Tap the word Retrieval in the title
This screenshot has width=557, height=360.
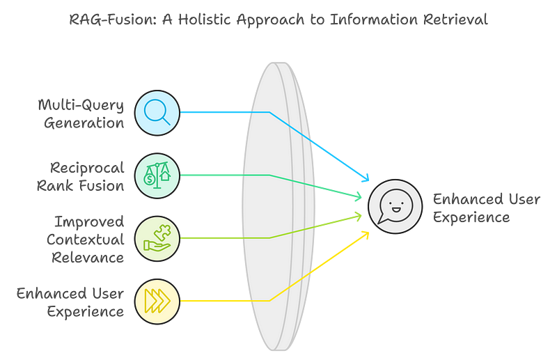[453, 19]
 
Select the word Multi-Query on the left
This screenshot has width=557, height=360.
[81, 105]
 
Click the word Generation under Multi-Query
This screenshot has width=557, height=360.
[84, 123]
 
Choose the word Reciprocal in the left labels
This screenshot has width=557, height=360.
[88, 168]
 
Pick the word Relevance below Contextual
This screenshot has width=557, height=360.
[93, 258]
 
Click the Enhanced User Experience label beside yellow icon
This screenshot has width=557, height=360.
[70, 302]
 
